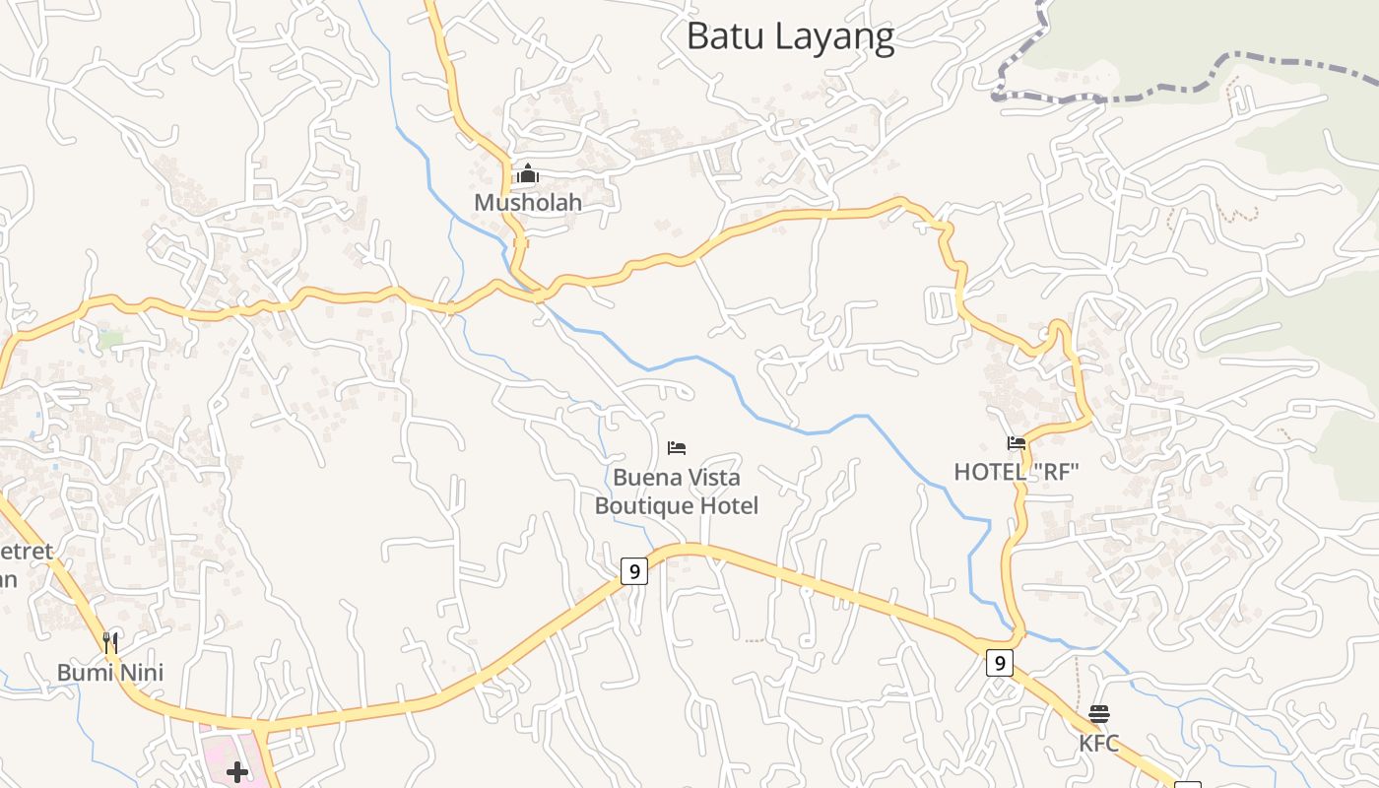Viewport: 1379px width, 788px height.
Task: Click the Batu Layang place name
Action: tap(790, 36)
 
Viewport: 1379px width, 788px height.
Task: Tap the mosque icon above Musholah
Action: tap(528, 174)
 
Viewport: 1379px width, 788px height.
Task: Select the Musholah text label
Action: tap(528, 203)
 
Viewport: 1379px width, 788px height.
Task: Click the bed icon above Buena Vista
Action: tap(677, 448)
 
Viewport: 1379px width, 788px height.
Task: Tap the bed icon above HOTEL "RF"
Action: tap(1017, 443)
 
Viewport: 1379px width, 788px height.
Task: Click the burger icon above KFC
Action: tap(1099, 714)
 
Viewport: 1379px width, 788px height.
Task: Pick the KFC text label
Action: tap(1099, 743)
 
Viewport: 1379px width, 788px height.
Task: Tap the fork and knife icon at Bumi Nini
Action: tap(110, 643)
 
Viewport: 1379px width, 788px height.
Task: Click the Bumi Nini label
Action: tap(110, 673)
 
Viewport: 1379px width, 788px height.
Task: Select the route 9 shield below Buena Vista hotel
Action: tap(634, 571)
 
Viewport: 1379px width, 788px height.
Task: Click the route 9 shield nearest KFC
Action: tap(999, 663)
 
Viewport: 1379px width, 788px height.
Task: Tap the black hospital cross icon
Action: tap(237, 771)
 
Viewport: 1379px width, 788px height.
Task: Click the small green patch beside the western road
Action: tap(110, 339)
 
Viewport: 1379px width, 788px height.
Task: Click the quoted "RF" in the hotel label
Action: tap(1056, 473)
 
